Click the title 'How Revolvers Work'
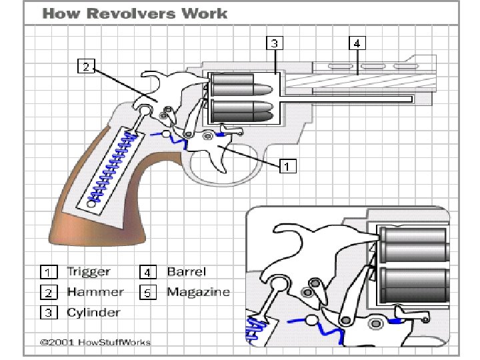pos(135,13)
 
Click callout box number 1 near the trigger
pos(287,166)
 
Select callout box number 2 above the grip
pos(87,66)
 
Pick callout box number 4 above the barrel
pos(358,43)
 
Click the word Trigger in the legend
pos(89,272)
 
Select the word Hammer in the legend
pos(95,292)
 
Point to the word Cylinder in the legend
pos(94,312)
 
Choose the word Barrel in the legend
pos(187,272)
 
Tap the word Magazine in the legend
pos(198,292)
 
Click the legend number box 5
pos(148,293)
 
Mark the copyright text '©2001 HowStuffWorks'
pos(95,343)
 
